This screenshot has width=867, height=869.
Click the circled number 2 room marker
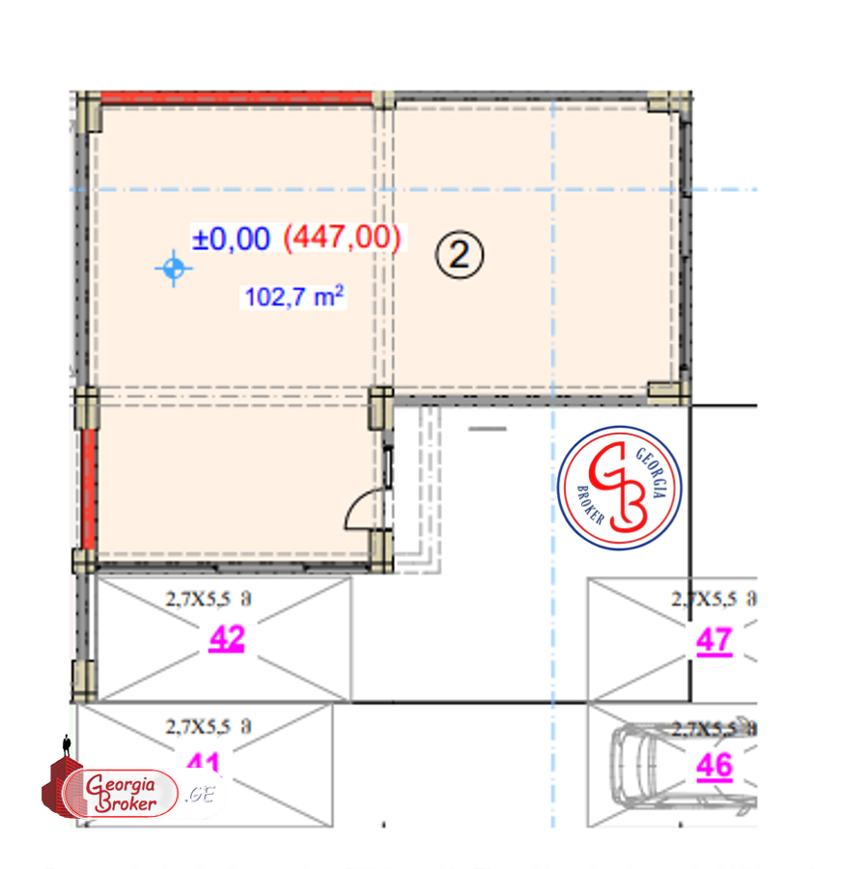(x=459, y=255)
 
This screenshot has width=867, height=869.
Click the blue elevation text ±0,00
(x=231, y=238)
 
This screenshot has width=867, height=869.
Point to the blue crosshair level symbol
(x=173, y=269)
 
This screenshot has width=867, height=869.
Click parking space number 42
(x=227, y=639)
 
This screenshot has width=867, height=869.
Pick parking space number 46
(x=714, y=766)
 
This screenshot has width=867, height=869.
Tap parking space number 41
(x=205, y=763)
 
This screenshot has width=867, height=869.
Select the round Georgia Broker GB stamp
(x=620, y=488)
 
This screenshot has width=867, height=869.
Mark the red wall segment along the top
(x=237, y=98)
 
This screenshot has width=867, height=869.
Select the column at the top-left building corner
(x=90, y=110)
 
